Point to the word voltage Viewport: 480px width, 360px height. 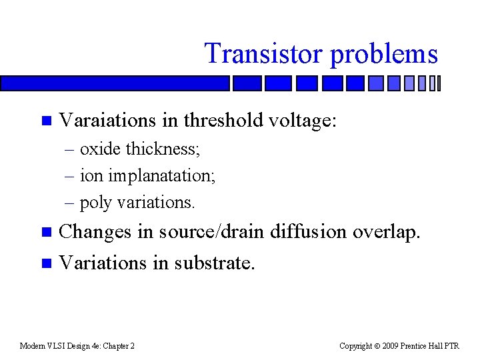tap(303, 121)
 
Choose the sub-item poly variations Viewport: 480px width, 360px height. tap(137, 202)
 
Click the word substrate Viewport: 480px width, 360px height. tap(214, 263)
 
